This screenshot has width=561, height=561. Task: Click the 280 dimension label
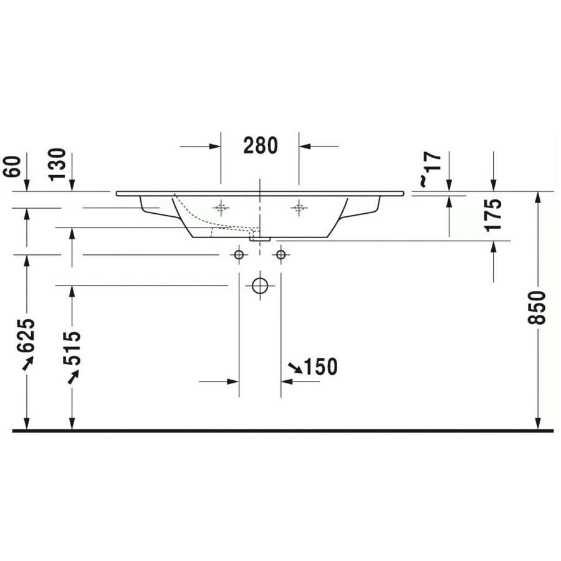click(x=261, y=146)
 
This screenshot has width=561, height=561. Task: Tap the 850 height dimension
click(x=537, y=308)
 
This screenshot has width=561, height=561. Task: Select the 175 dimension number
click(x=494, y=214)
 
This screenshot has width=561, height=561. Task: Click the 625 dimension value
click(x=26, y=335)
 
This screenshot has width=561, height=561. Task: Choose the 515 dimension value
click(x=72, y=348)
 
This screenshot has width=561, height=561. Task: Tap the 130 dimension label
click(x=57, y=164)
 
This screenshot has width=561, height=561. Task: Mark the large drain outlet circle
click(x=260, y=285)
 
